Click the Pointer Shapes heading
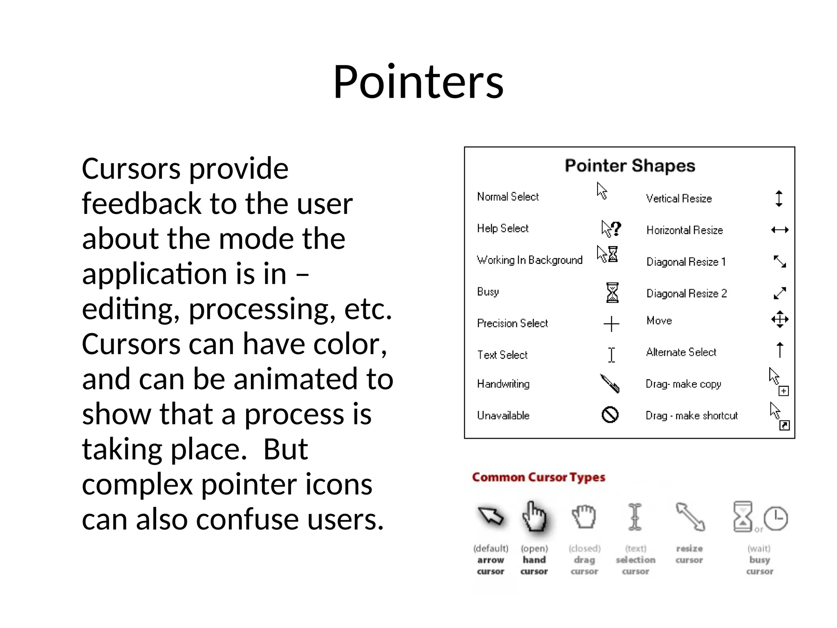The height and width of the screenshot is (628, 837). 630,166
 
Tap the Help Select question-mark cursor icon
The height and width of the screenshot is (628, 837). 611,229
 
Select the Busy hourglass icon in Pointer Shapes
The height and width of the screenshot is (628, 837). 612,293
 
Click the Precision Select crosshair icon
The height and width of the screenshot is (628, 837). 611,324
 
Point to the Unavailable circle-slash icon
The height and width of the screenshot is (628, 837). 610,415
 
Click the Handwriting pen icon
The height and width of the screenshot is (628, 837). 610,384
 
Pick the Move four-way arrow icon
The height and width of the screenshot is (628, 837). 780,319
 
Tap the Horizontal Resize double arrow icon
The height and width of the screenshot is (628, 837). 780,230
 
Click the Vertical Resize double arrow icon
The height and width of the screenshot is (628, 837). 779,199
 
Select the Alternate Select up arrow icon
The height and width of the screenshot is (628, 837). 780,350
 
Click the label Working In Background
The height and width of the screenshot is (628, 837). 530,260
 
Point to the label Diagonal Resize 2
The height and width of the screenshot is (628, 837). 687,294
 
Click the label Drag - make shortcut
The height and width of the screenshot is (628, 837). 692,416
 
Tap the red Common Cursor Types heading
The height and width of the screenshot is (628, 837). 538,478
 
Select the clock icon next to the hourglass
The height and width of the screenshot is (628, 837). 776,518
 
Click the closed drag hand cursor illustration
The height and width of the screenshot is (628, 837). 584,517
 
